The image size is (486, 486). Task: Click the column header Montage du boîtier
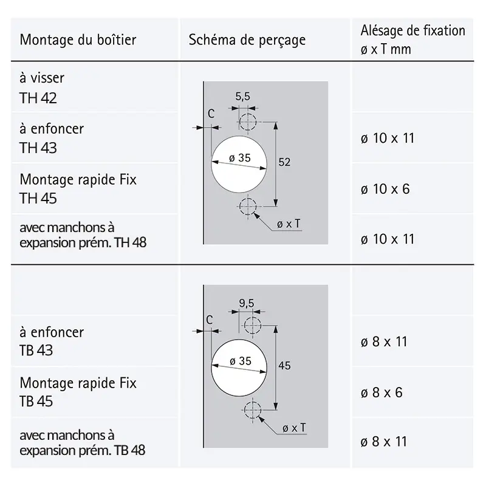78,40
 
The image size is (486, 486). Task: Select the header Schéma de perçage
247,40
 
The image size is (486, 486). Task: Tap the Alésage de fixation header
412,39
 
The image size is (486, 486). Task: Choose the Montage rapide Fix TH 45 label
78,189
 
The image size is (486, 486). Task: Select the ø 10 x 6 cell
385,189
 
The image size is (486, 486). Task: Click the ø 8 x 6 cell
382,392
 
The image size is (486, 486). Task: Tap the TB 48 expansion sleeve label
82,443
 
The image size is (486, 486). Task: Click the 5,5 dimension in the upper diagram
242,97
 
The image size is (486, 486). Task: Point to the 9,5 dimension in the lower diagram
247,303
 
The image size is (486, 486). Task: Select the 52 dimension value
284,162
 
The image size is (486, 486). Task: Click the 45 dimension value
284,366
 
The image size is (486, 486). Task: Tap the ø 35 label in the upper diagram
239,158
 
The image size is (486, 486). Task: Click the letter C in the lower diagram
210,320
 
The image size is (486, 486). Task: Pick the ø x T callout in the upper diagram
289,224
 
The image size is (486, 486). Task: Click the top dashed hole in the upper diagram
248,122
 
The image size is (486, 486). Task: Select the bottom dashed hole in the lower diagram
253,410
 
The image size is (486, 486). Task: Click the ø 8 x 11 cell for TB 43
384,342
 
